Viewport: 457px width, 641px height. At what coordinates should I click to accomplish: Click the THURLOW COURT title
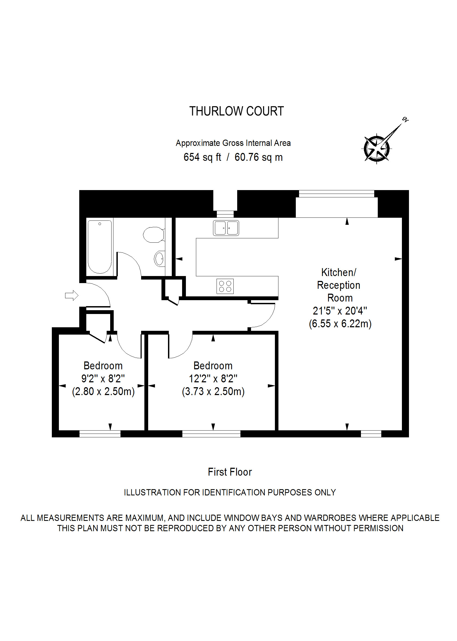[x=236, y=111]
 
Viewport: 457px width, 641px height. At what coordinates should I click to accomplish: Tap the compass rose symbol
[x=377, y=148]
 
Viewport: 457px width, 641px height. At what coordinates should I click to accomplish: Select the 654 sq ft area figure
[x=202, y=157]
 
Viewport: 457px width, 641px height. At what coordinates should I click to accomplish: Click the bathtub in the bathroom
[x=100, y=246]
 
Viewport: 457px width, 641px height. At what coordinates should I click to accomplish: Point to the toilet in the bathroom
[x=154, y=235]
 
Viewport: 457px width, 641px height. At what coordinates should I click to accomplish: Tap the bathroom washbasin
[x=159, y=258]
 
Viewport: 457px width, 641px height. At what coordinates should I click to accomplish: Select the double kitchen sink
[x=226, y=228]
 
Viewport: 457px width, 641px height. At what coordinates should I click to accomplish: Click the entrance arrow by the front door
[x=71, y=295]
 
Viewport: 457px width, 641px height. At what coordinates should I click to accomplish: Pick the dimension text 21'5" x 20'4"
[x=340, y=311]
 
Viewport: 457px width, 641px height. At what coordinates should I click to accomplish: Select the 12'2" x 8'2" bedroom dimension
[x=213, y=379]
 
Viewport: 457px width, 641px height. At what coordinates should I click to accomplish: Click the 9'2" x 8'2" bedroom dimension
[x=103, y=379]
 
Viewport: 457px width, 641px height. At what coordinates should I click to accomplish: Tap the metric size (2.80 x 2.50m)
[x=103, y=391]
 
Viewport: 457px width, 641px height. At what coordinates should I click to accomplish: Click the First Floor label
[x=230, y=472]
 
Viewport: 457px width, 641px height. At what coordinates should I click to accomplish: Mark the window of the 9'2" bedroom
[x=100, y=434]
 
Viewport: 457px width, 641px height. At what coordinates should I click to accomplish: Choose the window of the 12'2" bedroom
[x=211, y=434]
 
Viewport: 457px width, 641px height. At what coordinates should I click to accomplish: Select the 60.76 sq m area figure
[x=259, y=157]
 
